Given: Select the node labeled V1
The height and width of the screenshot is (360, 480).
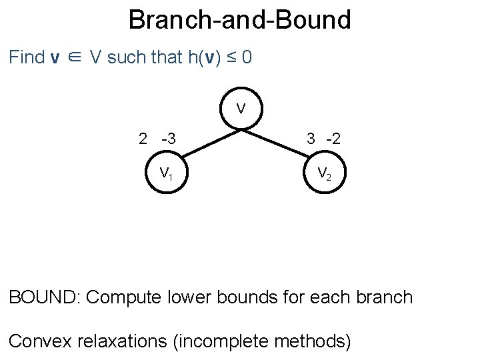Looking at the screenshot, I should pos(166,174).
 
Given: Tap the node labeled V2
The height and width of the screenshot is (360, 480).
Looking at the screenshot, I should pos(323,174).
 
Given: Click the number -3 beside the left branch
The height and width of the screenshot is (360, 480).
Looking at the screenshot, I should pos(168,139).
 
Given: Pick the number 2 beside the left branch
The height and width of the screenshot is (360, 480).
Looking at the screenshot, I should pos(143,139).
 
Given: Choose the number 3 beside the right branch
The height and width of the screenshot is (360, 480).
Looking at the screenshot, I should pos(311,139).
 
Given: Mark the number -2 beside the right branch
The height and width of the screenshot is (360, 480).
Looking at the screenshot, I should pos(333,139).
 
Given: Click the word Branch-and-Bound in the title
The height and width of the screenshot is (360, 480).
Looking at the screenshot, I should pos(239,20).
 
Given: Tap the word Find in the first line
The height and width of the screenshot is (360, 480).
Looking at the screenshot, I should pos(27,57).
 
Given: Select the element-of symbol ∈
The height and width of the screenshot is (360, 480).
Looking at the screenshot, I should pos(75,58).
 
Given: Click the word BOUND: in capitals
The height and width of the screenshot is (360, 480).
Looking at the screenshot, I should pos(44,297).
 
